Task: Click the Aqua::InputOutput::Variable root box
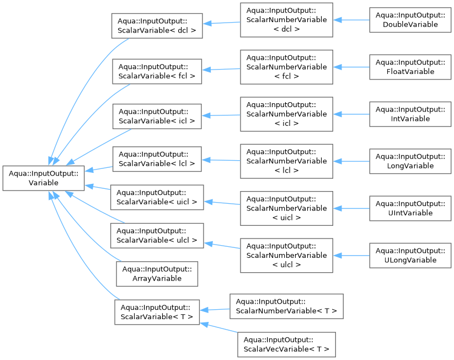tap(44, 178)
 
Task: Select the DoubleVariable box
tap(410, 20)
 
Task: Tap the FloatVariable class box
tap(410, 67)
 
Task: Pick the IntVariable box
tap(410, 114)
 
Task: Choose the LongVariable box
tap(410, 161)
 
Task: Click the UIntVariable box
tap(410, 208)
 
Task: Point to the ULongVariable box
tap(410, 255)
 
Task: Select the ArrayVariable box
tap(157, 274)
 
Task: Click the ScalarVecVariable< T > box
tap(286, 345)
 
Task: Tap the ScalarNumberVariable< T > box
tap(286, 306)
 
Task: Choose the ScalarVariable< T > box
tap(157, 312)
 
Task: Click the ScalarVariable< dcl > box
tap(157, 26)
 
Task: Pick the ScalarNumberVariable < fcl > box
tap(286, 67)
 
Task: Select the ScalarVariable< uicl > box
tap(157, 197)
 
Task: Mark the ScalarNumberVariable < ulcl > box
tap(286, 255)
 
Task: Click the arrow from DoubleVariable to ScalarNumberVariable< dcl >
tap(351, 20)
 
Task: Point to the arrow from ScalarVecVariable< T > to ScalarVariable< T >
tap(219, 328)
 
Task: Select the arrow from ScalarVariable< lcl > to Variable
tap(99, 169)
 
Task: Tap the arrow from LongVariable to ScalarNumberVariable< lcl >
tap(351, 161)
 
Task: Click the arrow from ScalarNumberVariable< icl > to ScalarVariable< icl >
tap(221, 115)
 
